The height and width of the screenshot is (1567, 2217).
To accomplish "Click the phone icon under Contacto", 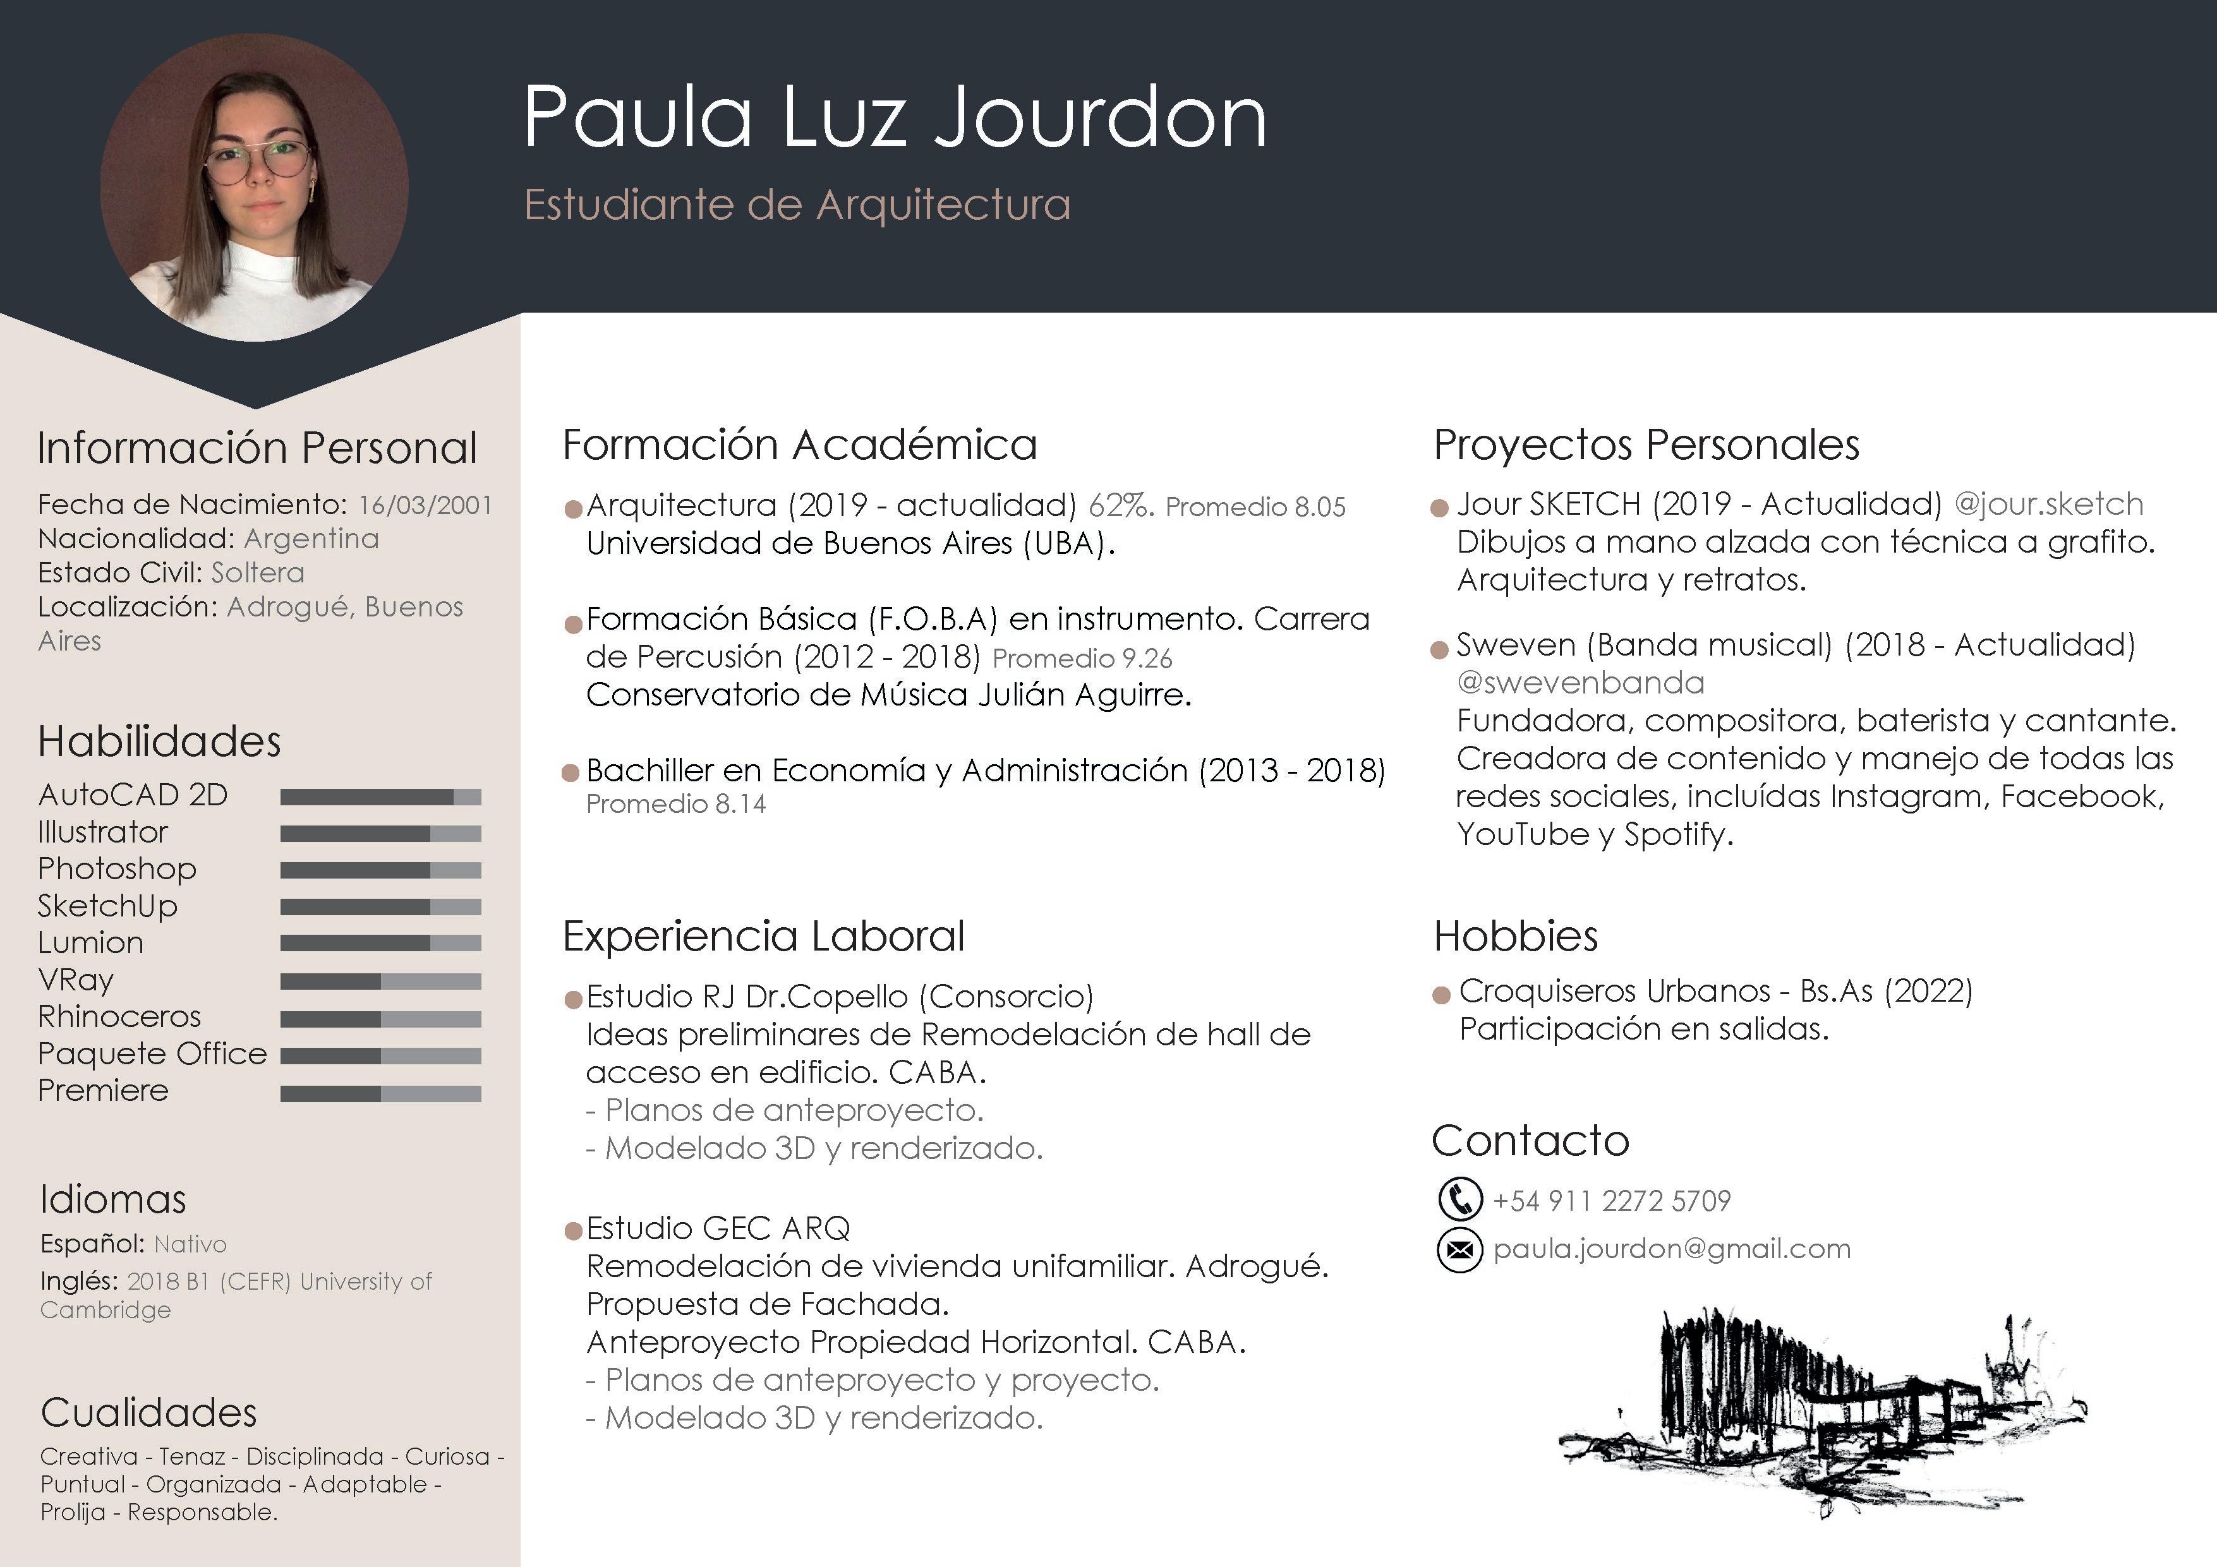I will [1460, 1199].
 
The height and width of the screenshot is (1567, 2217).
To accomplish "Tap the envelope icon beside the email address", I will [1460, 1251].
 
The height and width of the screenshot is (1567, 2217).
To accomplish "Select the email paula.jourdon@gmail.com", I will [1672, 1249].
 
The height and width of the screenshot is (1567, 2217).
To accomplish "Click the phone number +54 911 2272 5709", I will [1612, 1201].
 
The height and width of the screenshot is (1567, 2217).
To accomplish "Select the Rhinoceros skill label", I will [120, 1017].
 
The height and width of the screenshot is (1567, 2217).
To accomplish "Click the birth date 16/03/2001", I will [425, 505].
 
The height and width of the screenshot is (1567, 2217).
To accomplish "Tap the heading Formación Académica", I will [799, 445].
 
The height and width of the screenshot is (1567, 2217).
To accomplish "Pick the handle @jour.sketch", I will [2048, 504].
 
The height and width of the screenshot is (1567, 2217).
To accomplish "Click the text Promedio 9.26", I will [1082, 659].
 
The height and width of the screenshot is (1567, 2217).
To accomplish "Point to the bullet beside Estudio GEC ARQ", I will [572, 1231].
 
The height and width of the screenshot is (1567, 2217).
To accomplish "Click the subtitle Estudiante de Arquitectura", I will [797, 205].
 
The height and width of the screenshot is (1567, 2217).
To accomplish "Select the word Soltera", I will [258, 572].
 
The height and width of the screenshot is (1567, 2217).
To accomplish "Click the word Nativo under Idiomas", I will [190, 1244].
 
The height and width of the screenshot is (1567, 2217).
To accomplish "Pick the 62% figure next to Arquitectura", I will [1120, 505].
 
